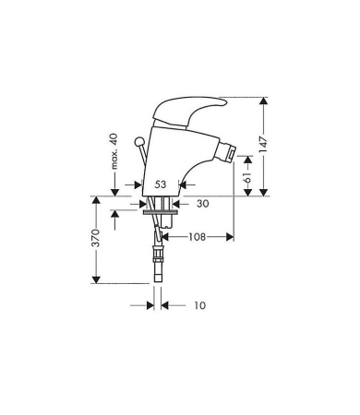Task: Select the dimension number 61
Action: [248, 174]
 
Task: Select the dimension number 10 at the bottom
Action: [199, 304]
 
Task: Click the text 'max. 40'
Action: [114, 151]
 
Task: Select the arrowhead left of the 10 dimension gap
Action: [150, 304]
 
